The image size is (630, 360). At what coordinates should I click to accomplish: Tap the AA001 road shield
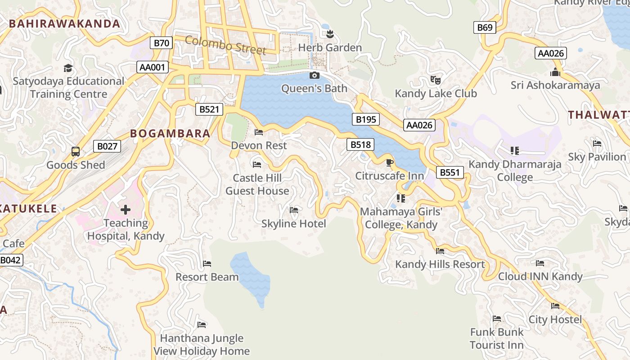153,67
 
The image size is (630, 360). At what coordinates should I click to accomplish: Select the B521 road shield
209,109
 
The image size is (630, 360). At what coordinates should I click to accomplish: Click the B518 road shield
360,144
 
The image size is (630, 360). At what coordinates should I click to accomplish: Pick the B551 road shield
450,172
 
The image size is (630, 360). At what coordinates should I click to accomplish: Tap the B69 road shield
485,27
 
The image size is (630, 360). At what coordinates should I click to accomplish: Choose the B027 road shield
107,146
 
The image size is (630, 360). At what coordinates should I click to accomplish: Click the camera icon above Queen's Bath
315,75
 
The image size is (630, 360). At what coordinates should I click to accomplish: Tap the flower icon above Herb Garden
330,34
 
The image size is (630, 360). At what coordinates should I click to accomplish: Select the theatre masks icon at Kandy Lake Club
435,80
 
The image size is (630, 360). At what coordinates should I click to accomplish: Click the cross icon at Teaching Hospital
126,209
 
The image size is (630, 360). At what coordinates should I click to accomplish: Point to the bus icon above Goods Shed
76,152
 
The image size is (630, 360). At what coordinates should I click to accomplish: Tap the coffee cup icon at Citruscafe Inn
390,162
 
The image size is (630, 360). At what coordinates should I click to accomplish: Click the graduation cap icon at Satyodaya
68,68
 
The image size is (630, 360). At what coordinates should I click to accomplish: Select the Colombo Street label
225,45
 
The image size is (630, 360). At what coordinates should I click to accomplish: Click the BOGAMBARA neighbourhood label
170,133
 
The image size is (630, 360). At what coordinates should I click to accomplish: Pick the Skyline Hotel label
293,223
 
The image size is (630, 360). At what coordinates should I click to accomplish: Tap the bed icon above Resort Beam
207,263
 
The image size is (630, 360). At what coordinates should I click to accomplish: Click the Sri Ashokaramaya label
555,85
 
